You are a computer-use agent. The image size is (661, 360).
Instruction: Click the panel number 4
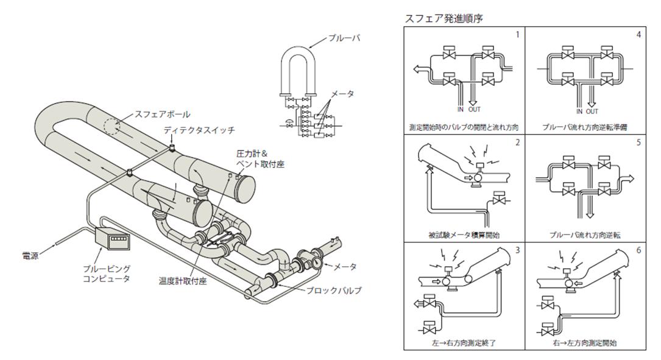(x=638, y=34)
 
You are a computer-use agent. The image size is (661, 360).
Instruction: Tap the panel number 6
(x=638, y=250)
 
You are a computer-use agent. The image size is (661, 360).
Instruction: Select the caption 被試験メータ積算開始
(x=464, y=235)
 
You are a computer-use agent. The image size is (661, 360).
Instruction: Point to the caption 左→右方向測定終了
(x=464, y=342)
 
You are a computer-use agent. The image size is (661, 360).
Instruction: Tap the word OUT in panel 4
(x=590, y=111)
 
